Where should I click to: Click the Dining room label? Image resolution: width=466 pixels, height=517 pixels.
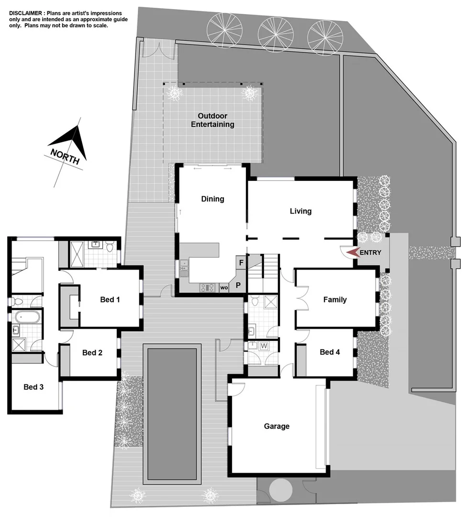click(x=212, y=199)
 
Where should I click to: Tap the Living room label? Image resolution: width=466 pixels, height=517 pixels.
click(x=300, y=211)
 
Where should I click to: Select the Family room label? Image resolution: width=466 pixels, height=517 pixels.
click(x=334, y=300)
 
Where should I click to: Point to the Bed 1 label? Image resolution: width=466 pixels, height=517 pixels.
click(x=110, y=300)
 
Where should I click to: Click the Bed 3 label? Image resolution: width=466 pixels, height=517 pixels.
click(x=33, y=387)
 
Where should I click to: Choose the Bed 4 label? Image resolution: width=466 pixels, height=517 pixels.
click(x=330, y=352)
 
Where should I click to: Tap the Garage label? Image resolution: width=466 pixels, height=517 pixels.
click(x=277, y=426)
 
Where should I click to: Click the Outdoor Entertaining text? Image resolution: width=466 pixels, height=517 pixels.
click(x=212, y=120)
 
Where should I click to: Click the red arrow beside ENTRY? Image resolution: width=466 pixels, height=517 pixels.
click(x=353, y=252)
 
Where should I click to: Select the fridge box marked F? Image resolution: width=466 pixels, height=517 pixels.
click(x=241, y=263)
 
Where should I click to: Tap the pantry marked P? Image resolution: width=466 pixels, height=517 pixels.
click(x=238, y=285)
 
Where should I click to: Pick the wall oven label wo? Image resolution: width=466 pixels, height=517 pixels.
click(x=223, y=288)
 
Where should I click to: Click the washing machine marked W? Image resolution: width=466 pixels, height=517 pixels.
click(x=263, y=346)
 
